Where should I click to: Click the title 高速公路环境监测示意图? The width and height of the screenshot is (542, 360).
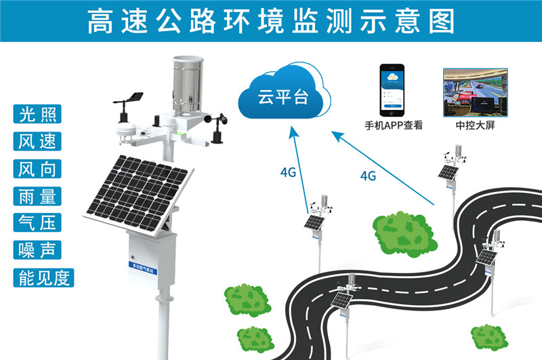tap(271, 21)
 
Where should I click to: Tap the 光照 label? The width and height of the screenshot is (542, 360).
tap(38, 113)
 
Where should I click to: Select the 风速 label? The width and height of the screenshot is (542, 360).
tap(38, 140)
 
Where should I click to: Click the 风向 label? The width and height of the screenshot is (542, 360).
tap(38, 168)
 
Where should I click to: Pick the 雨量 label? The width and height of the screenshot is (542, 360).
tap(38, 195)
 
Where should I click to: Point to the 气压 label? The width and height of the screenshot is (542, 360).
tap(38, 222)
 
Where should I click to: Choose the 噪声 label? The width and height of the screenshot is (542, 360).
tap(38, 249)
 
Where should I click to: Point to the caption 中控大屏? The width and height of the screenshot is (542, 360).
tap(474, 125)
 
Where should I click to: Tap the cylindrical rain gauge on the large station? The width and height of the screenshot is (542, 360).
tap(187, 85)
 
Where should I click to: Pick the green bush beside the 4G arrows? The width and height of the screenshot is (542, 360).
tap(402, 231)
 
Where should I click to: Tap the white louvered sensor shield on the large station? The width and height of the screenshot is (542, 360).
tap(126, 132)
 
